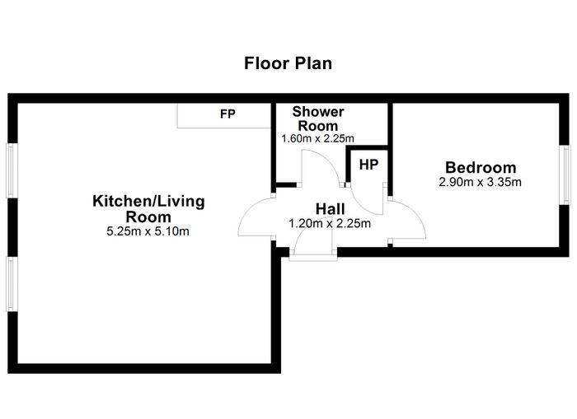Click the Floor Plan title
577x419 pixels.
(x=288, y=63)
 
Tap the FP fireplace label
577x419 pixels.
(x=228, y=114)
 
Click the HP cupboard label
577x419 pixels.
(x=368, y=165)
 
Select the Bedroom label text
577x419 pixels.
(x=481, y=168)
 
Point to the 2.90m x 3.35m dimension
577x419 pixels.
(x=480, y=182)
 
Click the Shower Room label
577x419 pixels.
(x=318, y=119)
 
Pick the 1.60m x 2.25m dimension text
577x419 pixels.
(x=317, y=138)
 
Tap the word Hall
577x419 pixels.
(x=330, y=209)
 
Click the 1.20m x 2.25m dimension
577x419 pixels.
(x=330, y=223)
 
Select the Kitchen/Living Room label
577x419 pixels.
(x=148, y=209)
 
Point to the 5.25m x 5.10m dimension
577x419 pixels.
(x=148, y=231)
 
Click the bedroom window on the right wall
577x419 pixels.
(x=565, y=175)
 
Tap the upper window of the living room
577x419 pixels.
(x=12, y=171)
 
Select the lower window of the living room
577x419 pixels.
(x=12, y=284)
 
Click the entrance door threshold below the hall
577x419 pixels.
(x=313, y=258)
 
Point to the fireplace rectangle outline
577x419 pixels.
(x=224, y=128)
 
